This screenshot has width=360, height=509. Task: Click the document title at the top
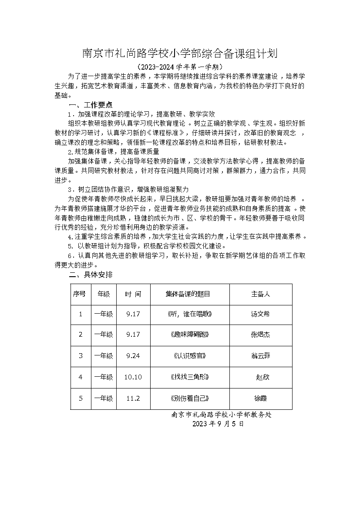pyautogui.click(x=180, y=54)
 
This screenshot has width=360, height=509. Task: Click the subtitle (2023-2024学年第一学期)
pyautogui.click(x=180, y=67)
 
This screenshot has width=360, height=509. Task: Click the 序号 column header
pyautogui.click(x=81, y=294)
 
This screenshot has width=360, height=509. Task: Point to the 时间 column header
pyautogui.click(x=133, y=294)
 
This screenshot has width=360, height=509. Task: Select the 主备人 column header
pyautogui.click(x=260, y=294)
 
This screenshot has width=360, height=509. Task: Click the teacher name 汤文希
pyautogui.click(x=260, y=314)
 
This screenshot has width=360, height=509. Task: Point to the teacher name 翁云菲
pyautogui.click(x=260, y=355)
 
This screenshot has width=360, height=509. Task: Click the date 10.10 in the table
pyautogui.click(x=133, y=377)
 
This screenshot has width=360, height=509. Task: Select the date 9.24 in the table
pyautogui.click(x=133, y=355)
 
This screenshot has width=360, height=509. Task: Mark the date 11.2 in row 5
pyautogui.click(x=133, y=398)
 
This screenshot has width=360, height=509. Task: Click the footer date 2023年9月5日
pyautogui.click(x=218, y=424)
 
